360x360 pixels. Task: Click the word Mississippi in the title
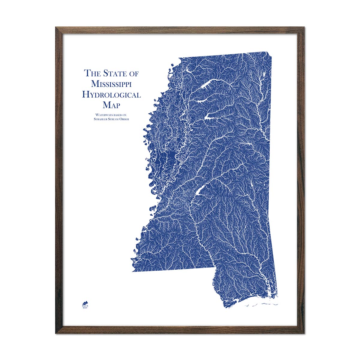pos(111,84)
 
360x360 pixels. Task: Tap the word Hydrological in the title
pos(111,95)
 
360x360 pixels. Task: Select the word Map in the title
pos(111,105)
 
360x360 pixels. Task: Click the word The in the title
pos(91,73)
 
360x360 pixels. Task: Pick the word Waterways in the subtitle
pos(103,115)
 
